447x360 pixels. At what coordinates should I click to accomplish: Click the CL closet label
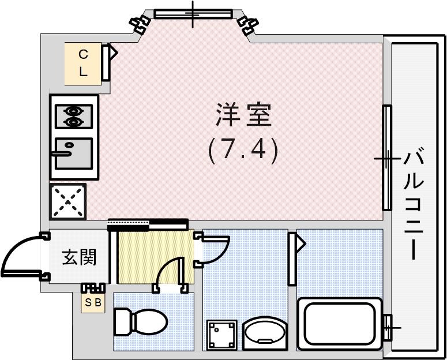pos(83,63)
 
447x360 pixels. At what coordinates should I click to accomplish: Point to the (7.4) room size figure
pos(243,150)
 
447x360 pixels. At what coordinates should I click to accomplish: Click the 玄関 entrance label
pos(78,257)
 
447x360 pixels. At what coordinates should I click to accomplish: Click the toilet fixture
pos(138,321)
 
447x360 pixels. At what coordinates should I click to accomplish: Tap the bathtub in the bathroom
pos(340,324)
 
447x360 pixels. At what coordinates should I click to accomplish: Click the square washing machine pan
pos(222,335)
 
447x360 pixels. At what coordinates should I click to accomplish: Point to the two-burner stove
pos(73,115)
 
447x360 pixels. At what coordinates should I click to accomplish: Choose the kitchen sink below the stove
pos(73,153)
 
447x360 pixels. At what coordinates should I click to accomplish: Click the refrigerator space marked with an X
pos(68,201)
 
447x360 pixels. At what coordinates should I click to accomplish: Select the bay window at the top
pos(193,14)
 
